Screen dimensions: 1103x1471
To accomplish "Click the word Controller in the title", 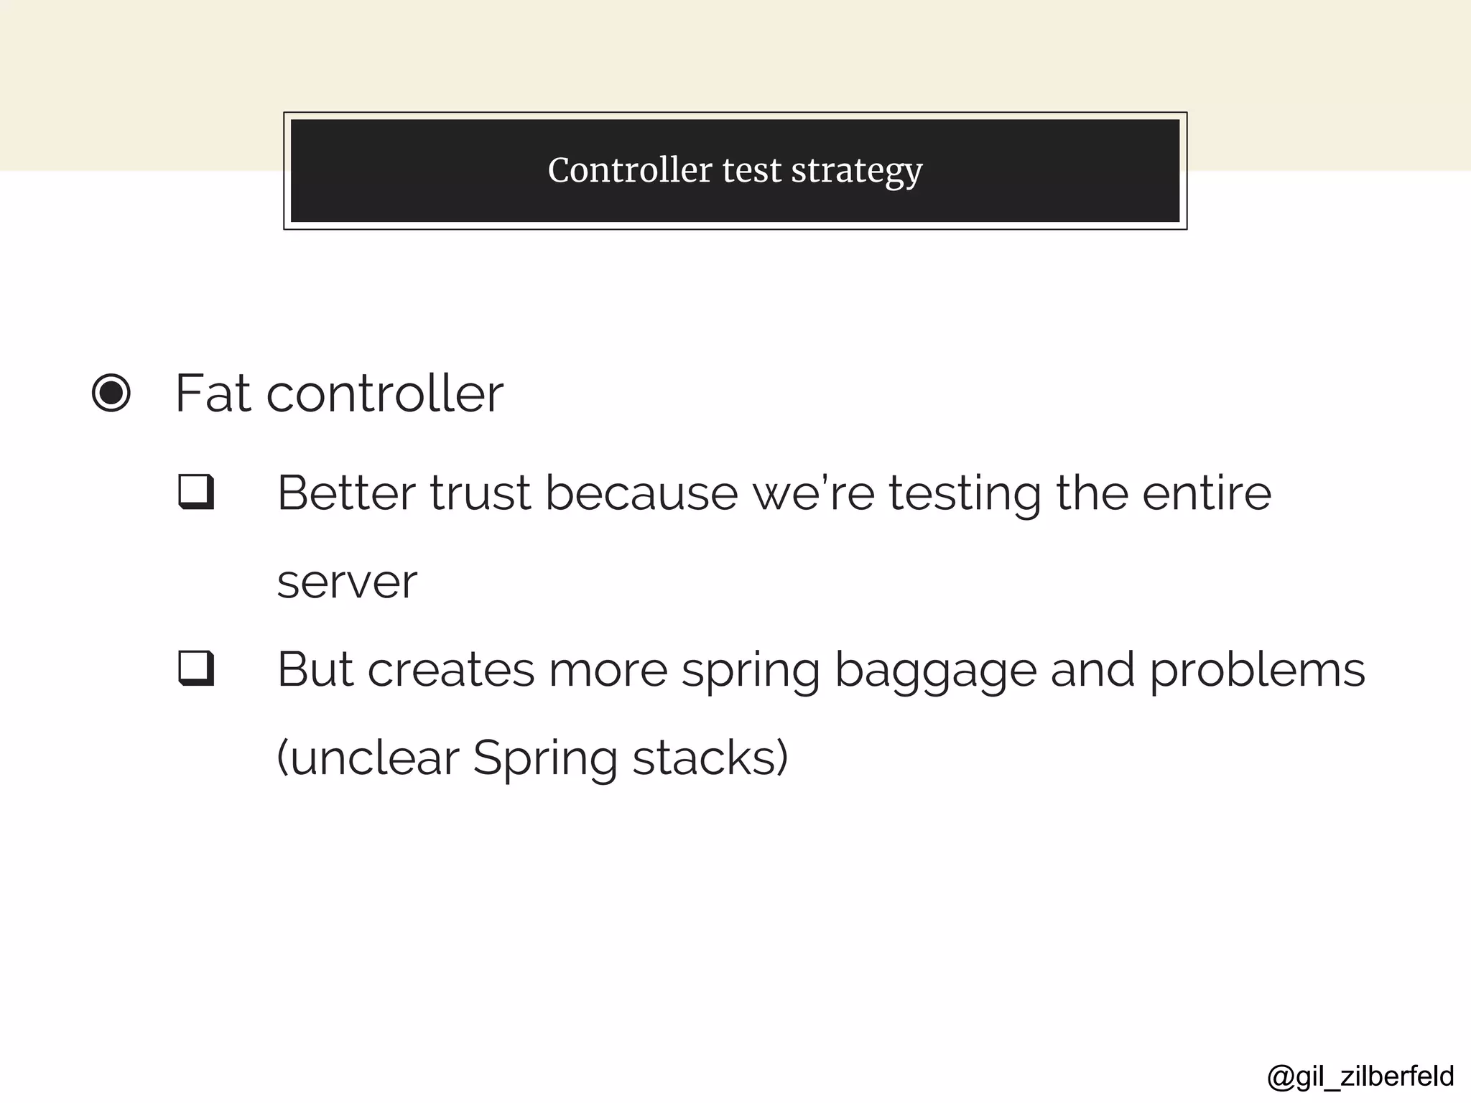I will coord(629,170).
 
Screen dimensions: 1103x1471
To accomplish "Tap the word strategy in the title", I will coord(856,172).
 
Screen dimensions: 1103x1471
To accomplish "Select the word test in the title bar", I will coord(751,170).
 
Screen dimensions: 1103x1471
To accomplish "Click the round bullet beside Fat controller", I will coord(111,394).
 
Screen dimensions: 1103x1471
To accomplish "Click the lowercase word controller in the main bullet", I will coord(385,394).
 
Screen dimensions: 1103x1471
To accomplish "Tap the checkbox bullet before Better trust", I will coord(196,492).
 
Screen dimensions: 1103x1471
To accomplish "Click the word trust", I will coord(481,493).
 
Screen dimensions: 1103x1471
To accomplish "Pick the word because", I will coord(641,493).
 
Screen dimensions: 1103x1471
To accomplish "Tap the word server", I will coord(347,582).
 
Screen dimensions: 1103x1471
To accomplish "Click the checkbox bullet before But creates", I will coord(196,669).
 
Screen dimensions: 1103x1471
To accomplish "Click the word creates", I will coord(451,670).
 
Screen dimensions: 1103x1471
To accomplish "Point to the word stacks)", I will coord(710,758).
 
